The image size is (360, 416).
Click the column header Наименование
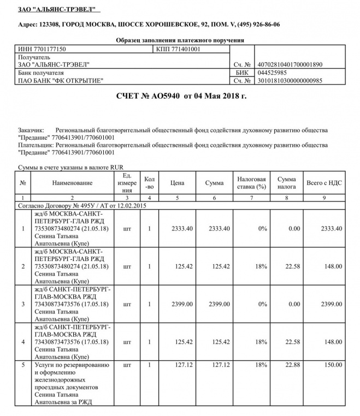click(72, 183)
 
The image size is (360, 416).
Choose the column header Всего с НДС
click(324, 183)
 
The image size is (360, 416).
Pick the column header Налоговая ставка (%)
click(251, 183)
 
